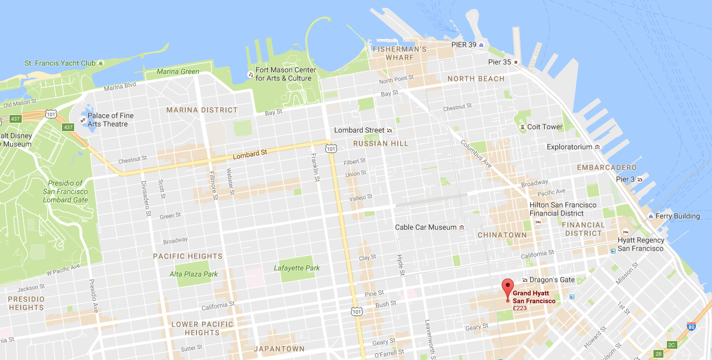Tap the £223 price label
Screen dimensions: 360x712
(519, 308)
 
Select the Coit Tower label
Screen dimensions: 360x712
(545, 127)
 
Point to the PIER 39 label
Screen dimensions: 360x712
(463, 45)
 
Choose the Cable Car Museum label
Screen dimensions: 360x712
(426, 227)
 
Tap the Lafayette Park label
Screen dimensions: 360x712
(296, 268)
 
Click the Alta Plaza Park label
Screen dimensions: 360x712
(194, 274)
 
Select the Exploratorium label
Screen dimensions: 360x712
(569, 147)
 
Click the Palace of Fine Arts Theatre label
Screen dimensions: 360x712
(110, 119)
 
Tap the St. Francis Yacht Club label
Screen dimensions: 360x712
(60, 63)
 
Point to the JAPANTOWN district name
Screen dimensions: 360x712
(279, 349)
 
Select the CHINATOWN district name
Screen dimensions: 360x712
(502, 235)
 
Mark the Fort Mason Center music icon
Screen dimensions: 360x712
(251, 74)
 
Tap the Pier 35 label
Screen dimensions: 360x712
(499, 62)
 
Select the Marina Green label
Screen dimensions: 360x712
(178, 71)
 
